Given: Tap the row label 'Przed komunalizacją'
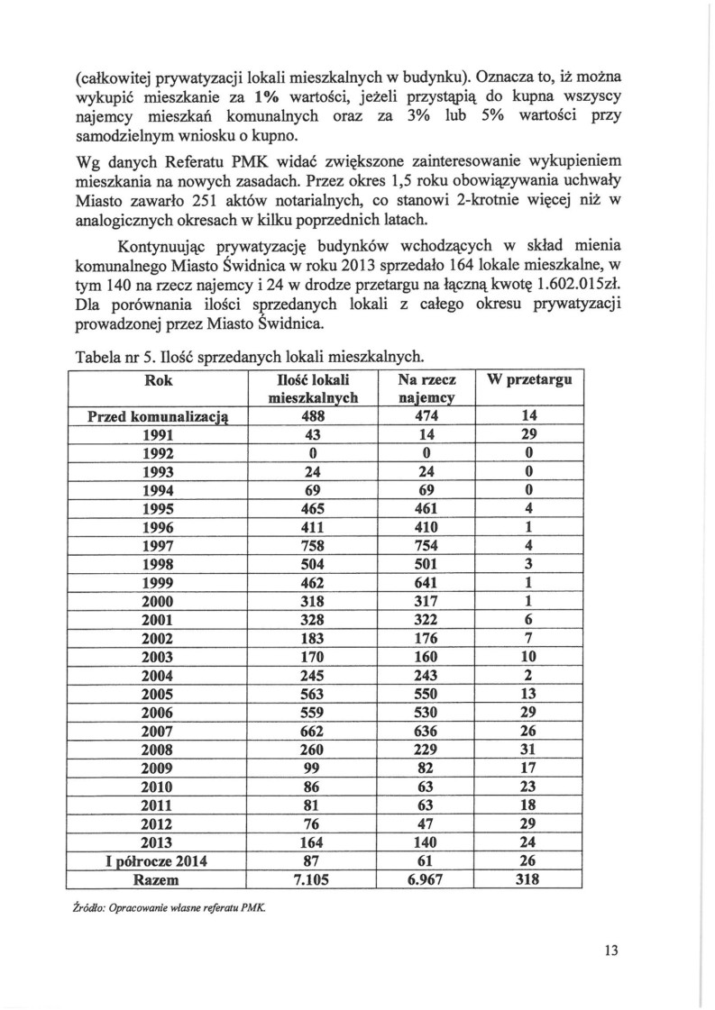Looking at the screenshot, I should (x=158, y=416).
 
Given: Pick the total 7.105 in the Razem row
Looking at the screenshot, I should (x=311, y=878).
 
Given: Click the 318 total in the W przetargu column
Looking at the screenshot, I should (x=530, y=878).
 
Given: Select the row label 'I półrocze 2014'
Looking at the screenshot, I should (x=158, y=860).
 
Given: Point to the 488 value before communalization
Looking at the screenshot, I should (x=311, y=416).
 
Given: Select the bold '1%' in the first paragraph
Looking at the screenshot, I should (x=269, y=96).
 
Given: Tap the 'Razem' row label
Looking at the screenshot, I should (x=158, y=878).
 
